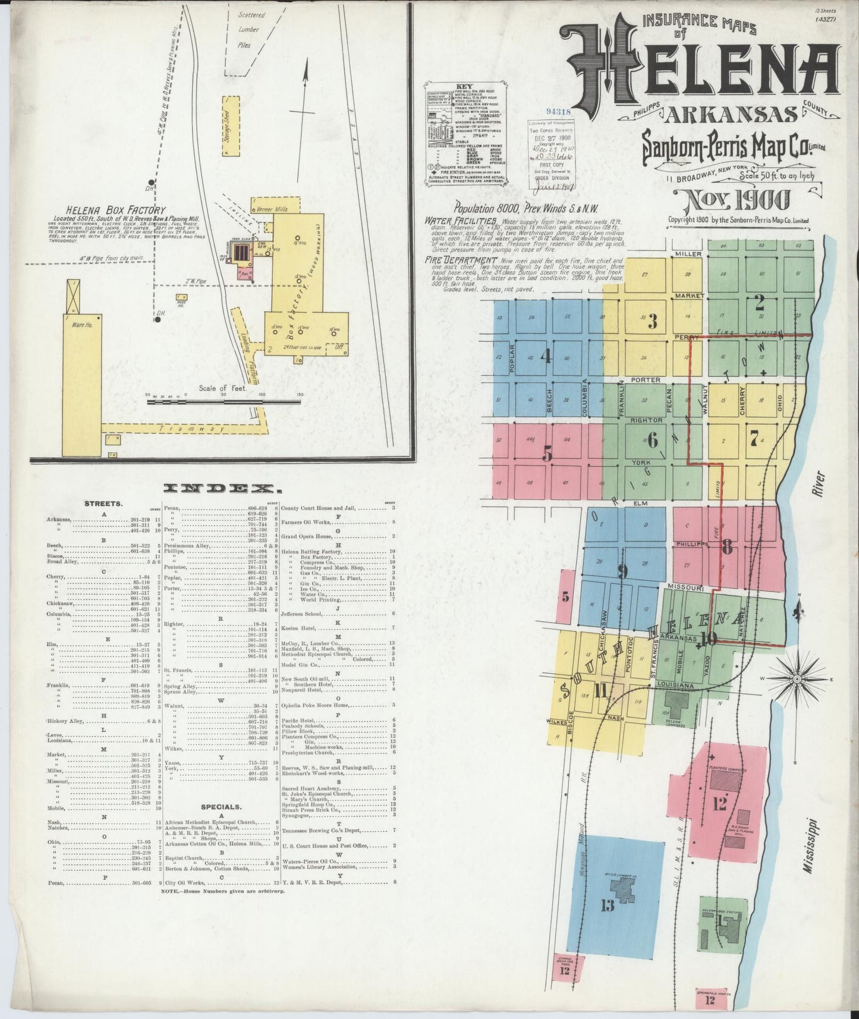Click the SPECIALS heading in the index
(220, 807)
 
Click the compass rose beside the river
(797, 678)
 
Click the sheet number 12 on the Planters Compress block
(719, 804)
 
